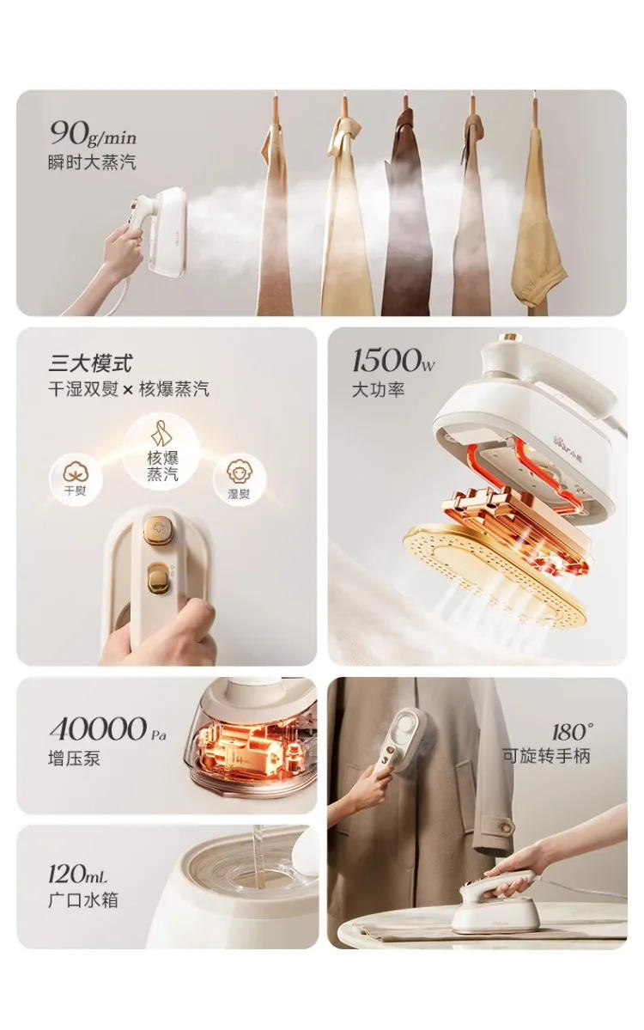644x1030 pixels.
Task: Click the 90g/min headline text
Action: tap(93, 133)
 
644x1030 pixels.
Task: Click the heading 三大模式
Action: tap(91, 363)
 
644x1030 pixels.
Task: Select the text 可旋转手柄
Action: tap(546, 757)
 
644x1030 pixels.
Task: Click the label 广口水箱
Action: tap(82, 900)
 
